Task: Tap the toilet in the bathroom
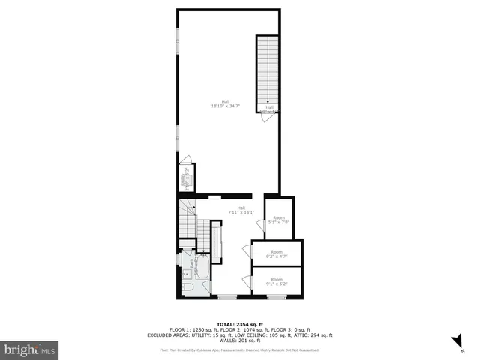187,286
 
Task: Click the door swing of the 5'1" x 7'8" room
260,223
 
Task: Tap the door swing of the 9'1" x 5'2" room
247,280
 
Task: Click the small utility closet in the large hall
184,178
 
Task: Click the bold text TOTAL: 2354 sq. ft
240,324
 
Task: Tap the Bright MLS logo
29,349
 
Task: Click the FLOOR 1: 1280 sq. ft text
192,330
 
